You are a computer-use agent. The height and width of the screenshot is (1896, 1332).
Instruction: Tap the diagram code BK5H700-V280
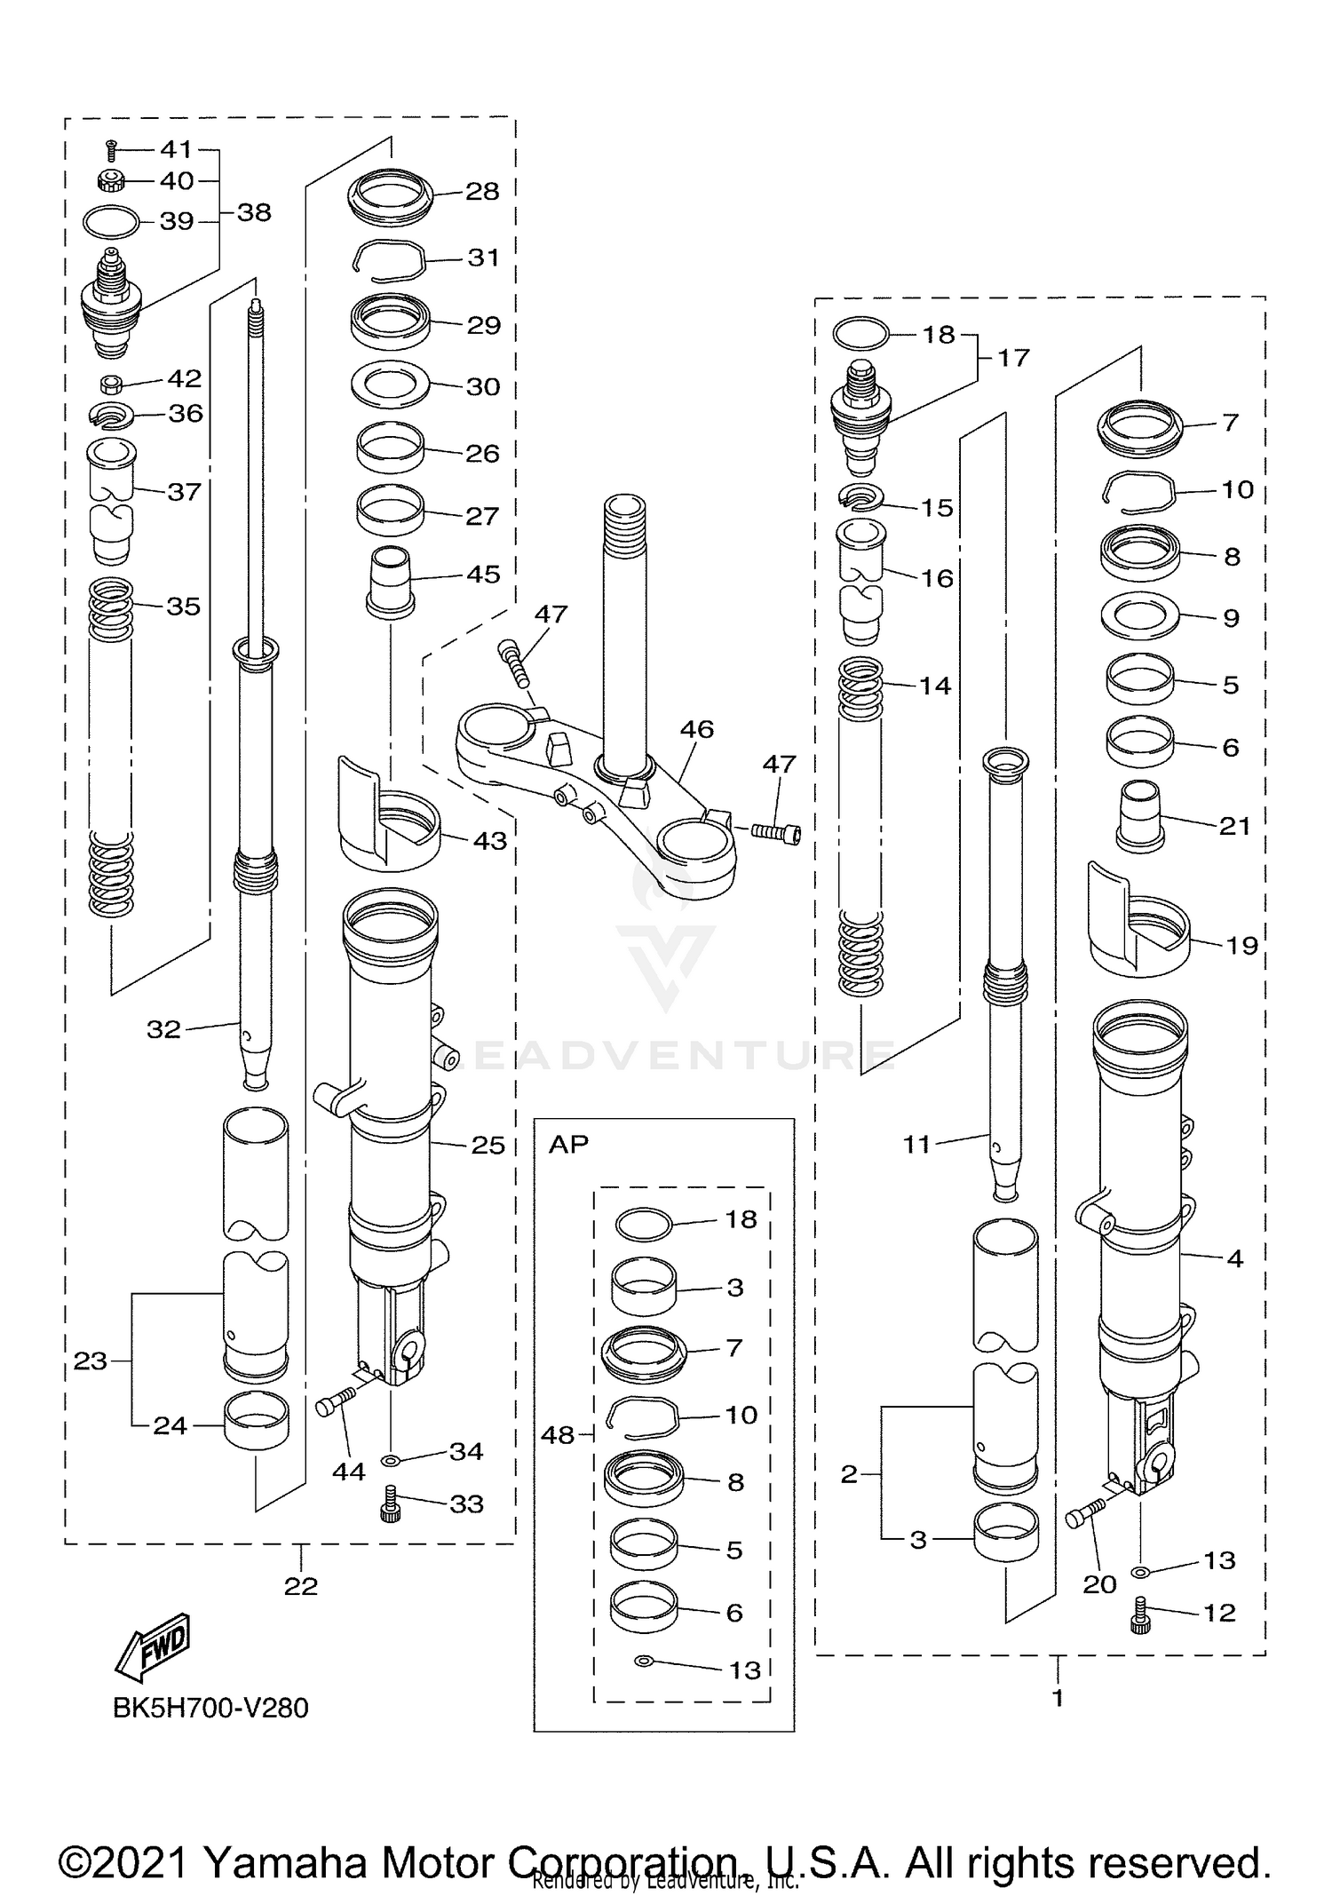point(210,1708)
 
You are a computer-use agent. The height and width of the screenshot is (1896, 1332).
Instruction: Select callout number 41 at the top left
point(177,149)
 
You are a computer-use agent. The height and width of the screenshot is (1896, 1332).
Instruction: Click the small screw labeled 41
point(112,150)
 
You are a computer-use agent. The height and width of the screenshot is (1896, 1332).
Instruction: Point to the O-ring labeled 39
point(111,222)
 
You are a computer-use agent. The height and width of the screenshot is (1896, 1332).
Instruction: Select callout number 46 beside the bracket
point(697,729)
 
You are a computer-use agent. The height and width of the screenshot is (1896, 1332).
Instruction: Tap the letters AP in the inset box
point(568,1144)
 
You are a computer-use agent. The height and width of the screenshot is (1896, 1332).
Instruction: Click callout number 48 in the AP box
point(558,1434)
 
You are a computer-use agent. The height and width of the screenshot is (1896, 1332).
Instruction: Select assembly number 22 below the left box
point(301,1585)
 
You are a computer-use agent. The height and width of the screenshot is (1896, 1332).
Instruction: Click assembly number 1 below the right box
point(1058,1697)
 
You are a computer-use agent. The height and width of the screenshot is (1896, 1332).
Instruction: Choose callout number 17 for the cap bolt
point(1013,358)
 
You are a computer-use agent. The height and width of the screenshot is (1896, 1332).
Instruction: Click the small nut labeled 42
point(112,385)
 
